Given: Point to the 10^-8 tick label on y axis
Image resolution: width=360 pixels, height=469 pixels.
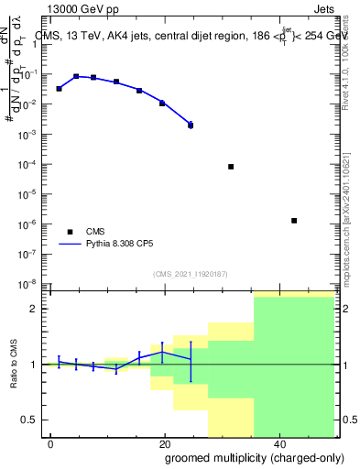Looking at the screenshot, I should click(x=32, y=283).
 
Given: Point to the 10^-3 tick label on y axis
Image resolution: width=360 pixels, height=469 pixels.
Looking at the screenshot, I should click(x=32, y=135).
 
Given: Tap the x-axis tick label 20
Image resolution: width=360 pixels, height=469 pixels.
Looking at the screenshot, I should click(x=165, y=443).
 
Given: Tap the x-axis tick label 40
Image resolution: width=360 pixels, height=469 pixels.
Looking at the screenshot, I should click(x=278, y=443).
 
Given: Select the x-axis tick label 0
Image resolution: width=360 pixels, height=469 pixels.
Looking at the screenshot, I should click(x=51, y=443).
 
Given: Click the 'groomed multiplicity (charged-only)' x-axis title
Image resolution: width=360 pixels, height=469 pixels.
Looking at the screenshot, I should click(x=243, y=458).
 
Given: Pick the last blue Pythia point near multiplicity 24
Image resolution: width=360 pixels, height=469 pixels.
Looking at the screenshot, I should click(x=191, y=124).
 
